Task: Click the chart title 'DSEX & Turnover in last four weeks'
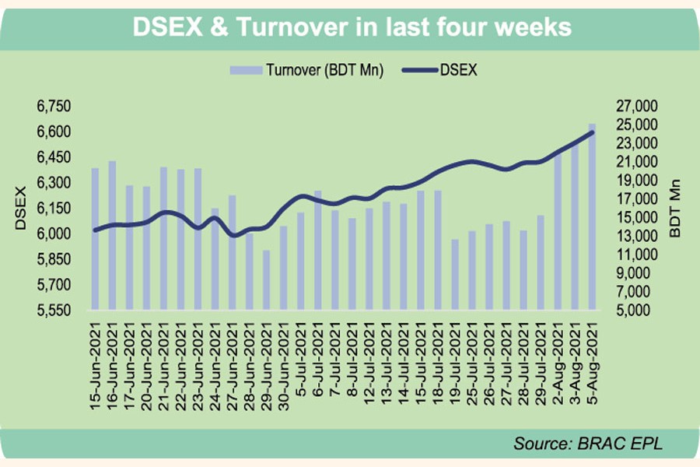(x=352, y=28)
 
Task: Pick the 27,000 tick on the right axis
(x=637, y=106)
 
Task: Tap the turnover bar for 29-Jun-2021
(x=266, y=279)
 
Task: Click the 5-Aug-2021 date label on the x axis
(x=593, y=355)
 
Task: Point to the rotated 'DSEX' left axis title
(x=21, y=208)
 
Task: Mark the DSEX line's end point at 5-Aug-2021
(x=593, y=132)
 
